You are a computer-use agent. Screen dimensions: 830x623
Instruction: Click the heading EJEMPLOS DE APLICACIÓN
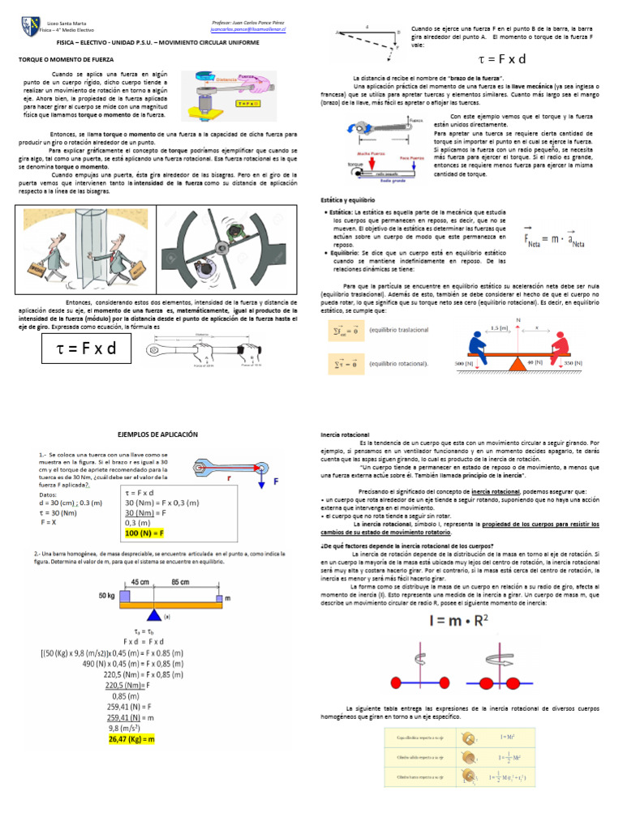(158, 435)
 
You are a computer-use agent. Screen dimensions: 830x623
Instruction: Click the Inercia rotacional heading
(346, 435)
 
